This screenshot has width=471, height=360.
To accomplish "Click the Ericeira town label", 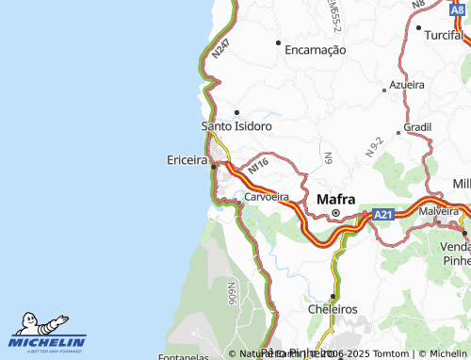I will tap(187, 161).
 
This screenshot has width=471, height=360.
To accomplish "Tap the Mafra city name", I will tap(336, 199).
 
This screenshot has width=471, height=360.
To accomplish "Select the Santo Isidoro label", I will tap(236, 125).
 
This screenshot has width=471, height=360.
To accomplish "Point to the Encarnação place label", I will tap(315, 50).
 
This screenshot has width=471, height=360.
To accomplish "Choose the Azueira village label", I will tap(407, 84).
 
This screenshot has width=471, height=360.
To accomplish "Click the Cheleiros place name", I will tap(333, 308).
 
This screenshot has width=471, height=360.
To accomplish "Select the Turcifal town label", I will tap(446, 34).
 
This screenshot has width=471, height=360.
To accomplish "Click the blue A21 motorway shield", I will tap(382, 215).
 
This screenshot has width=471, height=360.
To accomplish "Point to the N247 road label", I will tap(221, 47).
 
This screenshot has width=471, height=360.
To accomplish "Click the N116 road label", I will tap(259, 166).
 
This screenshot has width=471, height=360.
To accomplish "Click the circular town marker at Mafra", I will tap(334, 214).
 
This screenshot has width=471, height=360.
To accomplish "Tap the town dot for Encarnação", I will tap(278, 42).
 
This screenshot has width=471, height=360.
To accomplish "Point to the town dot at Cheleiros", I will tap(333, 296).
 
